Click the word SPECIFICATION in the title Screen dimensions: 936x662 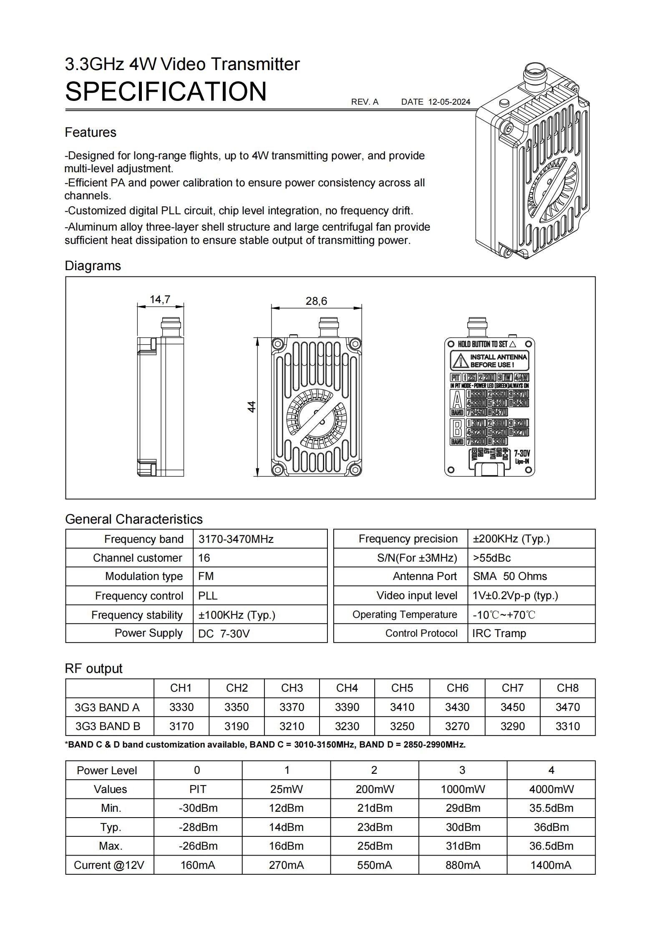pos(166,91)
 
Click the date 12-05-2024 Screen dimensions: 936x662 pos(449,102)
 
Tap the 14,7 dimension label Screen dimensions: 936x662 pos(160,299)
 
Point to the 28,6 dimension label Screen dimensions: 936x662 pos(316,301)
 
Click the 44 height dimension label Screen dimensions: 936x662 pos(252,407)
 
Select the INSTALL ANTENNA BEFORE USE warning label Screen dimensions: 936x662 pos(489,361)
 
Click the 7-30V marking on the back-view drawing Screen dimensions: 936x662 pos(521,453)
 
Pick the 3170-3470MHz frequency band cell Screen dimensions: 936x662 pos(236,539)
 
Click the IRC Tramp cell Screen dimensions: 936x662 pos(499,633)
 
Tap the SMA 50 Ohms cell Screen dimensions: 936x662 pos(510,576)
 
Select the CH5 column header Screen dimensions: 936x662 pos(402,688)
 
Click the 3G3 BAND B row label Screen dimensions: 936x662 pos(108,726)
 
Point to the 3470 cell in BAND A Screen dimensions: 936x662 pos(567,707)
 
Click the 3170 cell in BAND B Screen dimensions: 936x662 pos(181,726)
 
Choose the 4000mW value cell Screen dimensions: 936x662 pos(551,789)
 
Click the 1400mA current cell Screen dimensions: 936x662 pos(551,865)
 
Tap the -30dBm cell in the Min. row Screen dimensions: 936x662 pos(198,808)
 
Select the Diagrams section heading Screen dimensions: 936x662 pos(93,266)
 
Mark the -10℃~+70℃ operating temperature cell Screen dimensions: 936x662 pos(503,615)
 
